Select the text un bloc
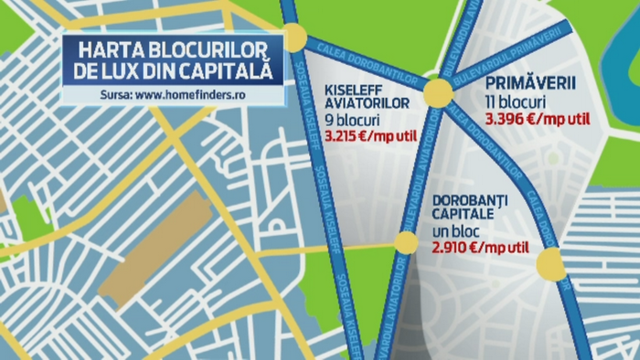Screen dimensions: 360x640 [x=456, y=231]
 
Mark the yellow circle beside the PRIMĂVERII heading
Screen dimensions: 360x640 [x=437, y=92]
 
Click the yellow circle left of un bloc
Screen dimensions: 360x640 [x=405, y=243]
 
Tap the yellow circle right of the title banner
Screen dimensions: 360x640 [x=294, y=37]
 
